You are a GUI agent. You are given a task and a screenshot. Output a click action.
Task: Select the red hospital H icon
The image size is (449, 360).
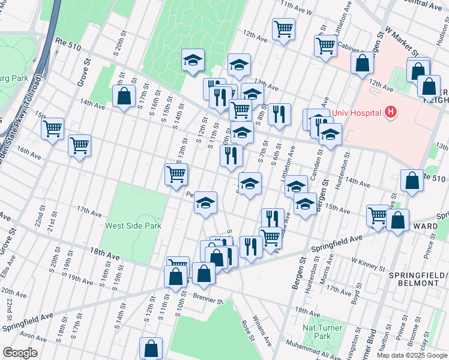click(x=391, y=112)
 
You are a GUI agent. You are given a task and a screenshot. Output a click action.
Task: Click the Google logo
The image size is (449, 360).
click(x=20, y=353)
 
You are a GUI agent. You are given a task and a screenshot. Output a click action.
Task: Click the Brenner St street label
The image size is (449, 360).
click(x=207, y=295)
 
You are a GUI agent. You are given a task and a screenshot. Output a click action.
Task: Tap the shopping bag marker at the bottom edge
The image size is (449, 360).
click(x=151, y=347)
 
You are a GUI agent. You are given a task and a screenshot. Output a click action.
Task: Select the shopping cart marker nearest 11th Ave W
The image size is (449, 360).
click(x=283, y=28)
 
